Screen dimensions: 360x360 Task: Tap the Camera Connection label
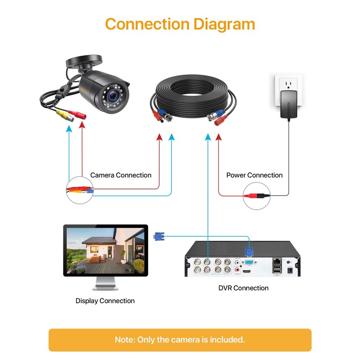pos(121,175)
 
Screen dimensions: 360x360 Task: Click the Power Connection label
pos(254,175)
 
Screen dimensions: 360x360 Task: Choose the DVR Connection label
pos(243,288)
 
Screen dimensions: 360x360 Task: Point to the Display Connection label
pos(105,301)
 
